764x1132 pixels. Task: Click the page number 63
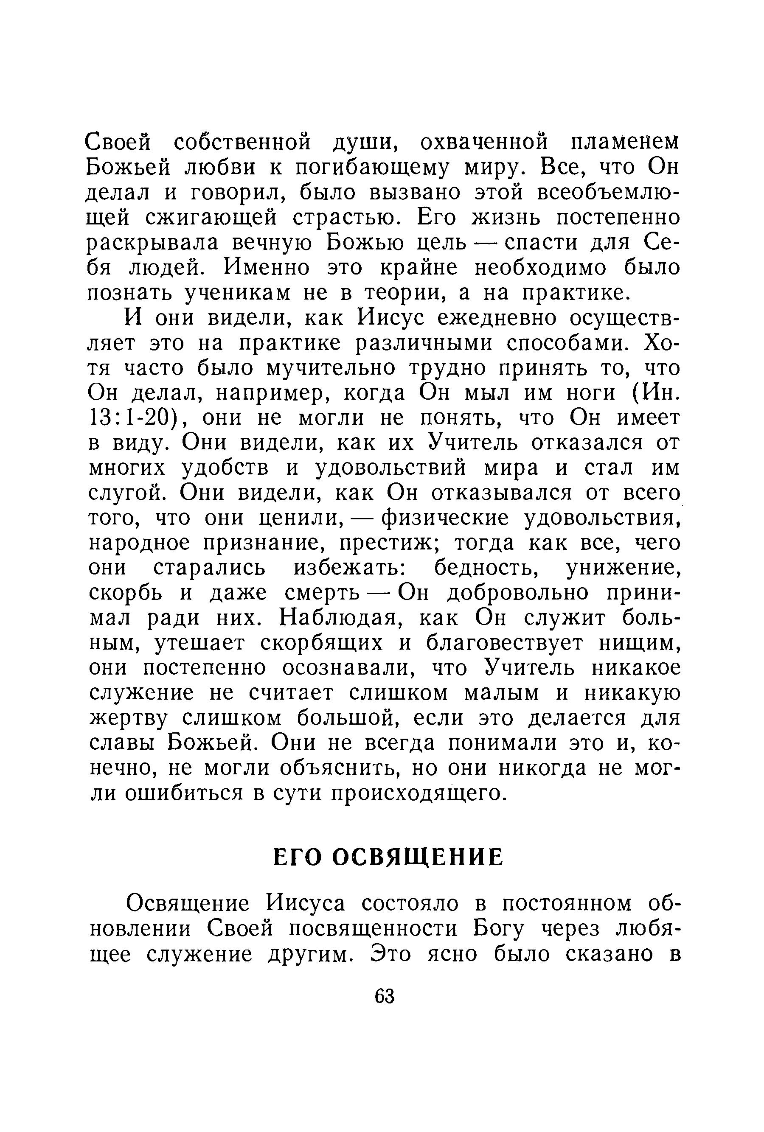pyautogui.click(x=384, y=996)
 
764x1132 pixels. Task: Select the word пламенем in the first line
pyautogui.click(x=624, y=142)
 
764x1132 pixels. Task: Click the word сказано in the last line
pyautogui.click(x=610, y=954)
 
